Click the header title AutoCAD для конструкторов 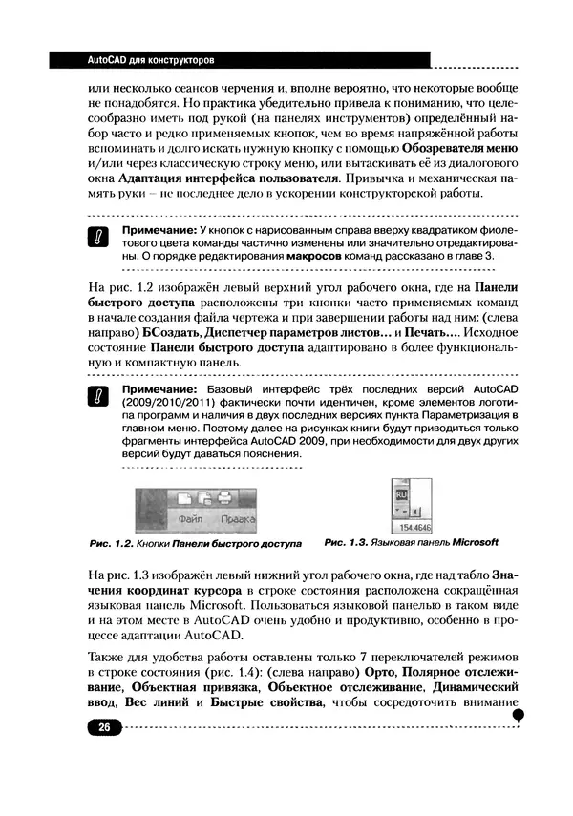[x=137, y=60]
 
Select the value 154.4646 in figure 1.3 [x=412, y=526]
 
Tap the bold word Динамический [x=465, y=687]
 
